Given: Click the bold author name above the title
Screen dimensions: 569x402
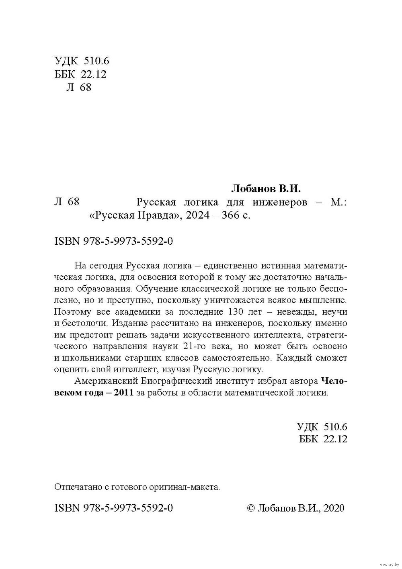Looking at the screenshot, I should [x=267, y=188].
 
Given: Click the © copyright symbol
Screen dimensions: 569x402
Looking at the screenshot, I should [x=249, y=508].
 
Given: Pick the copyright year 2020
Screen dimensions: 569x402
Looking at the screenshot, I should [x=334, y=508].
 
